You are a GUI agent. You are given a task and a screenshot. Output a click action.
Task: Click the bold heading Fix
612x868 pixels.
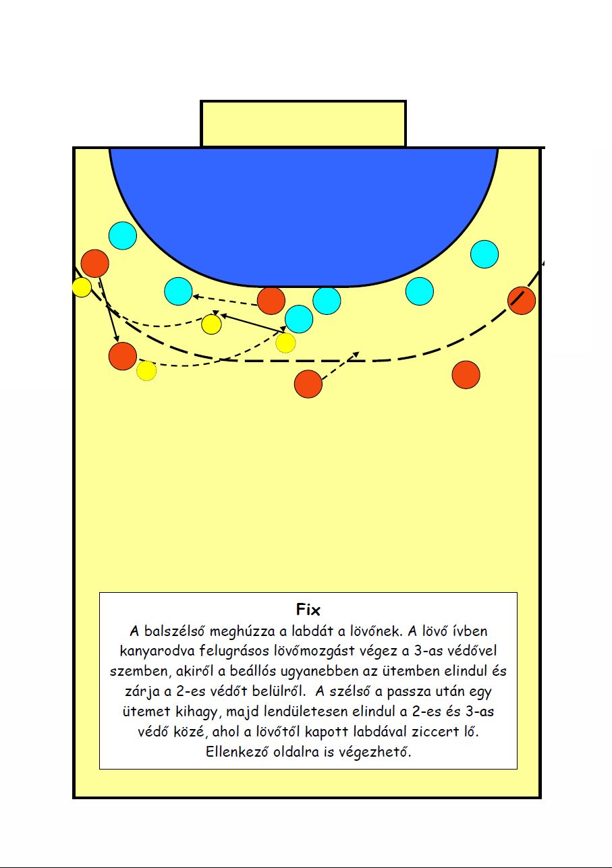pos(308,610)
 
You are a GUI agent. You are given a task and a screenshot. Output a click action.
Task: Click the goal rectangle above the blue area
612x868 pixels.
pos(303,123)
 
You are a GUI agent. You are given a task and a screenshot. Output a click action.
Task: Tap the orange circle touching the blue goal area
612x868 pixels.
pos(271,301)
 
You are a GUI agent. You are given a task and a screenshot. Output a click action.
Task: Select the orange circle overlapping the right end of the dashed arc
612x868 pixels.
pos(522,301)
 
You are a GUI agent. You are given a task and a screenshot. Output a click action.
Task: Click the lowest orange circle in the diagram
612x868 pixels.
pos(308,384)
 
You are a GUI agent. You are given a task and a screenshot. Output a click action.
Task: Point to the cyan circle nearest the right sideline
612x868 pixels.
pos(484,254)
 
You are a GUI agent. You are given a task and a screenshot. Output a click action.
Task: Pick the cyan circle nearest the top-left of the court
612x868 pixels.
pos(123,235)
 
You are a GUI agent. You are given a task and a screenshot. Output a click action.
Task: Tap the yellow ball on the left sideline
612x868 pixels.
pos(82,287)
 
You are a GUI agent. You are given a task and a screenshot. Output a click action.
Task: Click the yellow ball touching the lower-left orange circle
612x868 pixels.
pos(146,371)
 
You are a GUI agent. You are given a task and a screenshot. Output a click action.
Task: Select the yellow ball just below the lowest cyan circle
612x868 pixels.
pos(285,343)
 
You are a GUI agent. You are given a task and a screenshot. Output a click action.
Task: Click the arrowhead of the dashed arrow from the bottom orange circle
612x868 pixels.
pos(356,354)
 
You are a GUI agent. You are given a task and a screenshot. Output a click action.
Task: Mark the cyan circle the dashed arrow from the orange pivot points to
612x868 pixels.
pos(178,291)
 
